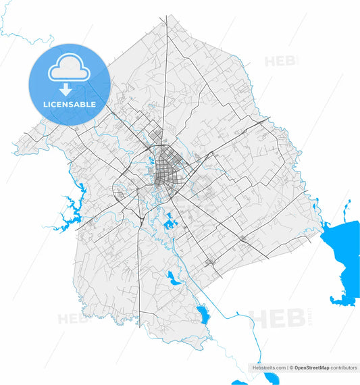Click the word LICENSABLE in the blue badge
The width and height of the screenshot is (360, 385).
tap(68, 105)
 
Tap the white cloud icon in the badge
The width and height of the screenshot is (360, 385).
tap(68, 69)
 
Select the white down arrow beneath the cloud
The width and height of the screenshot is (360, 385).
tap(66, 89)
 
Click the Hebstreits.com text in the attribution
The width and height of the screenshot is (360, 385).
tap(269, 368)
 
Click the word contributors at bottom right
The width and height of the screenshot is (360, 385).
tap(344, 368)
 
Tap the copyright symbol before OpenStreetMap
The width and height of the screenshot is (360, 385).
tap(290, 368)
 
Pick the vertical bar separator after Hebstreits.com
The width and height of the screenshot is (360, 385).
tap(286, 368)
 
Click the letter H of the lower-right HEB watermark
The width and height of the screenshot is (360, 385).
tap(259, 318)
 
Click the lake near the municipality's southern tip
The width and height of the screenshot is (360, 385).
tap(201, 313)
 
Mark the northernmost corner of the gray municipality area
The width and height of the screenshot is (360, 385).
tap(167, 18)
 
